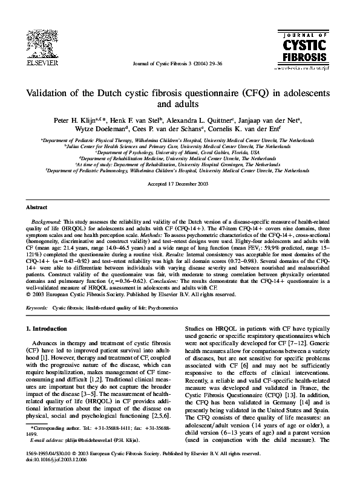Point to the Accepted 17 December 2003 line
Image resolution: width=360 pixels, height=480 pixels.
[x=179, y=183]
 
